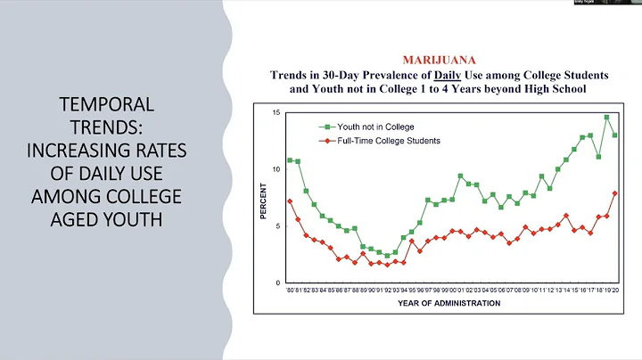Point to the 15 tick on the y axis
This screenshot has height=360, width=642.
pyautogui.click(x=276, y=112)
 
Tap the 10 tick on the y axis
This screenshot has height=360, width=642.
pyautogui.click(x=276, y=169)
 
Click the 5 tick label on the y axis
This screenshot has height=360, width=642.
pyautogui.click(x=278, y=226)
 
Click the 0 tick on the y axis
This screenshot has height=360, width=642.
pyautogui.click(x=278, y=283)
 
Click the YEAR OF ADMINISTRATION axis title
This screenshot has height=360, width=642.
pyautogui.click(x=449, y=303)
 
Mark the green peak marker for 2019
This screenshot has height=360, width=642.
pyautogui.click(x=606, y=117)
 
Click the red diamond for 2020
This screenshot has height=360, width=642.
pyautogui.click(x=614, y=193)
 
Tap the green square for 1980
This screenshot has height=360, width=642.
pyautogui.click(x=290, y=160)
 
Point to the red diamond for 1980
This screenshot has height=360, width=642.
pyautogui.click(x=290, y=201)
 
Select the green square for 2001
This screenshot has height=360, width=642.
pyautogui.click(x=460, y=176)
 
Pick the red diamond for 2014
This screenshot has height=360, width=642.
pyautogui.click(x=566, y=216)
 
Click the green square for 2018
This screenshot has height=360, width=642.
pyautogui.click(x=598, y=157)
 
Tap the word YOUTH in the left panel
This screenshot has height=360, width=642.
pyautogui.click(x=134, y=219)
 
